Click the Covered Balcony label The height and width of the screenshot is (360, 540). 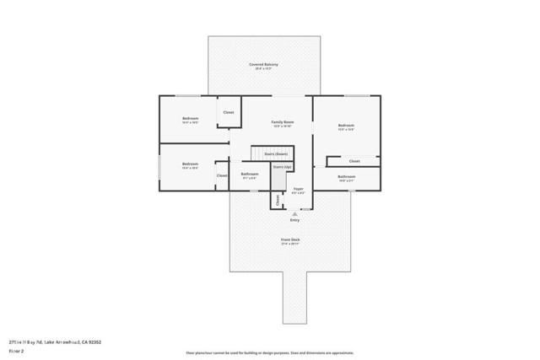pyautogui.click(x=263, y=64)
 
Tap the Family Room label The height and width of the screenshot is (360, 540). pyautogui.click(x=282, y=122)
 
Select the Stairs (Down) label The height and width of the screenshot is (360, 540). pyautogui.click(x=276, y=154)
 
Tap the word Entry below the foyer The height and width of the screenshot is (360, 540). pyautogui.click(x=294, y=220)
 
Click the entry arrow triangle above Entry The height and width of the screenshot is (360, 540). pyautogui.click(x=294, y=213)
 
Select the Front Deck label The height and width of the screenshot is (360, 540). pyautogui.click(x=290, y=240)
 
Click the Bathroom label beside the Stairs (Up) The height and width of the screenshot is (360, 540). pyautogui.click(x=250, y=175)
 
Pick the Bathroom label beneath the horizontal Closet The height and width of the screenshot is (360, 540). pyautogui.click(x=346, y=176)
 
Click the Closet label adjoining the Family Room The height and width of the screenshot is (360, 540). pyautogui.click(x=229, y=112)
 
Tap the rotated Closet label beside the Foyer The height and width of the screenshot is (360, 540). pyautogui.click(x=276, y=200)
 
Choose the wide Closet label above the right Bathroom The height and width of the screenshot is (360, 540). pyautogui.click(x=354, y=160)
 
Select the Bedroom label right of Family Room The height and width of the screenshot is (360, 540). pyautogui.click(x=346, y=126)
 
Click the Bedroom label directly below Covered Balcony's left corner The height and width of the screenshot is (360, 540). pyautogui.click(x=190, y=119)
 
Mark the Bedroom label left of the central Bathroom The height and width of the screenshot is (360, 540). pyautogui.click(x=190, y=164)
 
